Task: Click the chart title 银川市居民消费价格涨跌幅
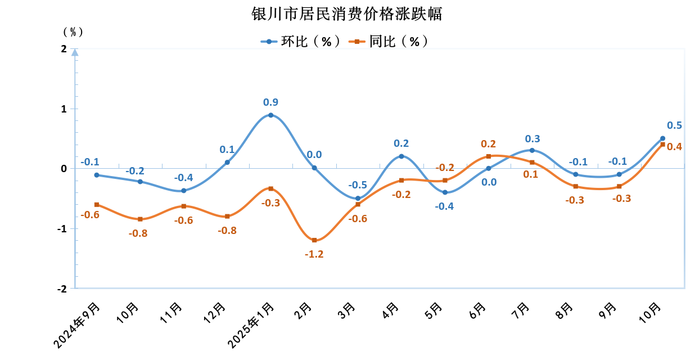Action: click(x=347, y=13)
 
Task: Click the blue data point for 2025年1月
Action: click(x=271, y=115)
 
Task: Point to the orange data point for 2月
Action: click(x=314, y=240)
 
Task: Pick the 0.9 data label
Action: click(x=271, y=102)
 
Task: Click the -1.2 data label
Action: click(x=314, y=254)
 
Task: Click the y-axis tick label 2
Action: click(x=64, y=49)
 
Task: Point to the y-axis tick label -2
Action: click(x=62, y=289)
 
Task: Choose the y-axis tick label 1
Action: click(x=64, y=109)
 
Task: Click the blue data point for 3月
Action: click(x=358, y=198)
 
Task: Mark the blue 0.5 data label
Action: click(x=674, y=125)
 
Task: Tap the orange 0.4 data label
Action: click(x=674, y=147)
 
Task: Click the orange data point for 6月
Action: click(x=489, y=156)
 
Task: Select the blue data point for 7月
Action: click(x=532, y=150)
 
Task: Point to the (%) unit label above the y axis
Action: click(x=73, y=32)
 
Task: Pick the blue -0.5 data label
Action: click(x=358, y=185)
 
